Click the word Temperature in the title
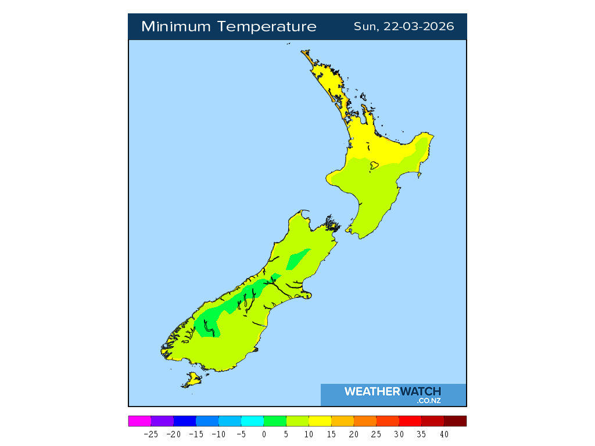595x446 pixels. point(268,27)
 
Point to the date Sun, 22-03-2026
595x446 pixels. point(404,27)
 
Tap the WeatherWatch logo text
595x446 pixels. point(393,391)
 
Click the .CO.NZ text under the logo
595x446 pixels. point(428,401)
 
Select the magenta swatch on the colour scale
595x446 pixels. point(139,421)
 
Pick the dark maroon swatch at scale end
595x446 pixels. point(455,421)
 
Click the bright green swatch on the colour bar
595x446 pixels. point(275,421)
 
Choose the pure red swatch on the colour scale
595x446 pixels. point(410,421)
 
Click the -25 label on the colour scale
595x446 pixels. point(150,434)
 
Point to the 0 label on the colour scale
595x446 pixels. point(264,434)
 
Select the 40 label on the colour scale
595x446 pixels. point(444,434)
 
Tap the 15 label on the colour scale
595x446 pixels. point(331,434)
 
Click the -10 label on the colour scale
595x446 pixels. point(218,434)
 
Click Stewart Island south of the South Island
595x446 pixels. point(192,380)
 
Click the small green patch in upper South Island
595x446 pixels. point(297,258)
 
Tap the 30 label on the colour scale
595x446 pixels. point(399,434)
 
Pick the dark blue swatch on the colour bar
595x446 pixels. point(185,421)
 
